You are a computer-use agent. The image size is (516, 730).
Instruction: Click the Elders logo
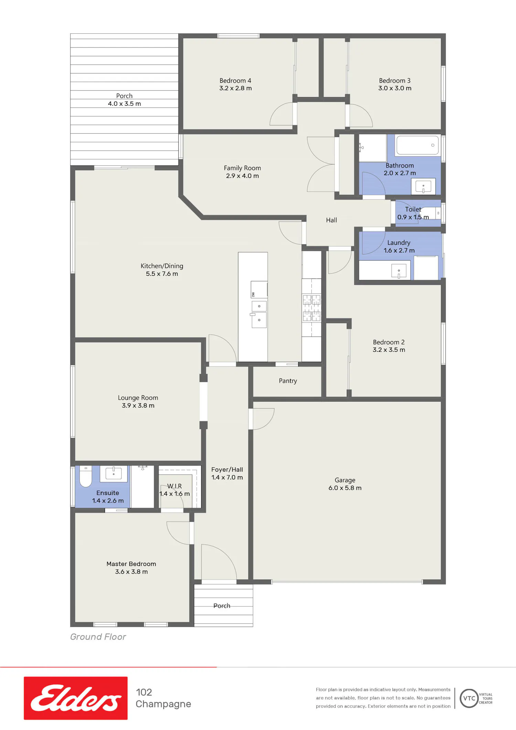tap(76, 698)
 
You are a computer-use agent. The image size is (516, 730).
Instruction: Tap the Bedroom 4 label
tap(235, 81)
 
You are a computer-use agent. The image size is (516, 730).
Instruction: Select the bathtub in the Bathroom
tap(418, 145)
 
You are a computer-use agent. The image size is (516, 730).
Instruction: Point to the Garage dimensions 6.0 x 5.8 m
tap(345, 488)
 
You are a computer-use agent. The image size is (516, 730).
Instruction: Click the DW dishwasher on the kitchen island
tap(259, 289)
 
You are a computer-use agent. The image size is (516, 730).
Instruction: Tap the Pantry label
tap(288, 381)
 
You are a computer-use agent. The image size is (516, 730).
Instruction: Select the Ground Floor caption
tap(98, 637)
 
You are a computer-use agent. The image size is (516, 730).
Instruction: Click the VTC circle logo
tap(469, 698)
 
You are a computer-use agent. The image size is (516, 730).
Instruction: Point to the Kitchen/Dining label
tap(162, 266)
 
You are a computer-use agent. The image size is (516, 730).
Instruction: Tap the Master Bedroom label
tap(131, 564)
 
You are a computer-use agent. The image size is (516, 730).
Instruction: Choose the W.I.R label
tap(174, 486)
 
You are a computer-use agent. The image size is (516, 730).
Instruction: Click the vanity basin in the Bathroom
tap(423, 187)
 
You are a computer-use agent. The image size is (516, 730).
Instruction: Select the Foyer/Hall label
tap(227, 469)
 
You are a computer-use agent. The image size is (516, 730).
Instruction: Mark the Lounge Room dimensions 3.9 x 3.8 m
tap(138, 405)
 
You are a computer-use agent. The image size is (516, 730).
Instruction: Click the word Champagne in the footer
tap(163, 704)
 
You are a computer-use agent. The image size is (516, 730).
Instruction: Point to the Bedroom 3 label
tap(395, 81)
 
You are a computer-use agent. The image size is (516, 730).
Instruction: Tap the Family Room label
tap(243, 168)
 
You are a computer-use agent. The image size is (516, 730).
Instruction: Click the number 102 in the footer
tap(144, 692)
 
